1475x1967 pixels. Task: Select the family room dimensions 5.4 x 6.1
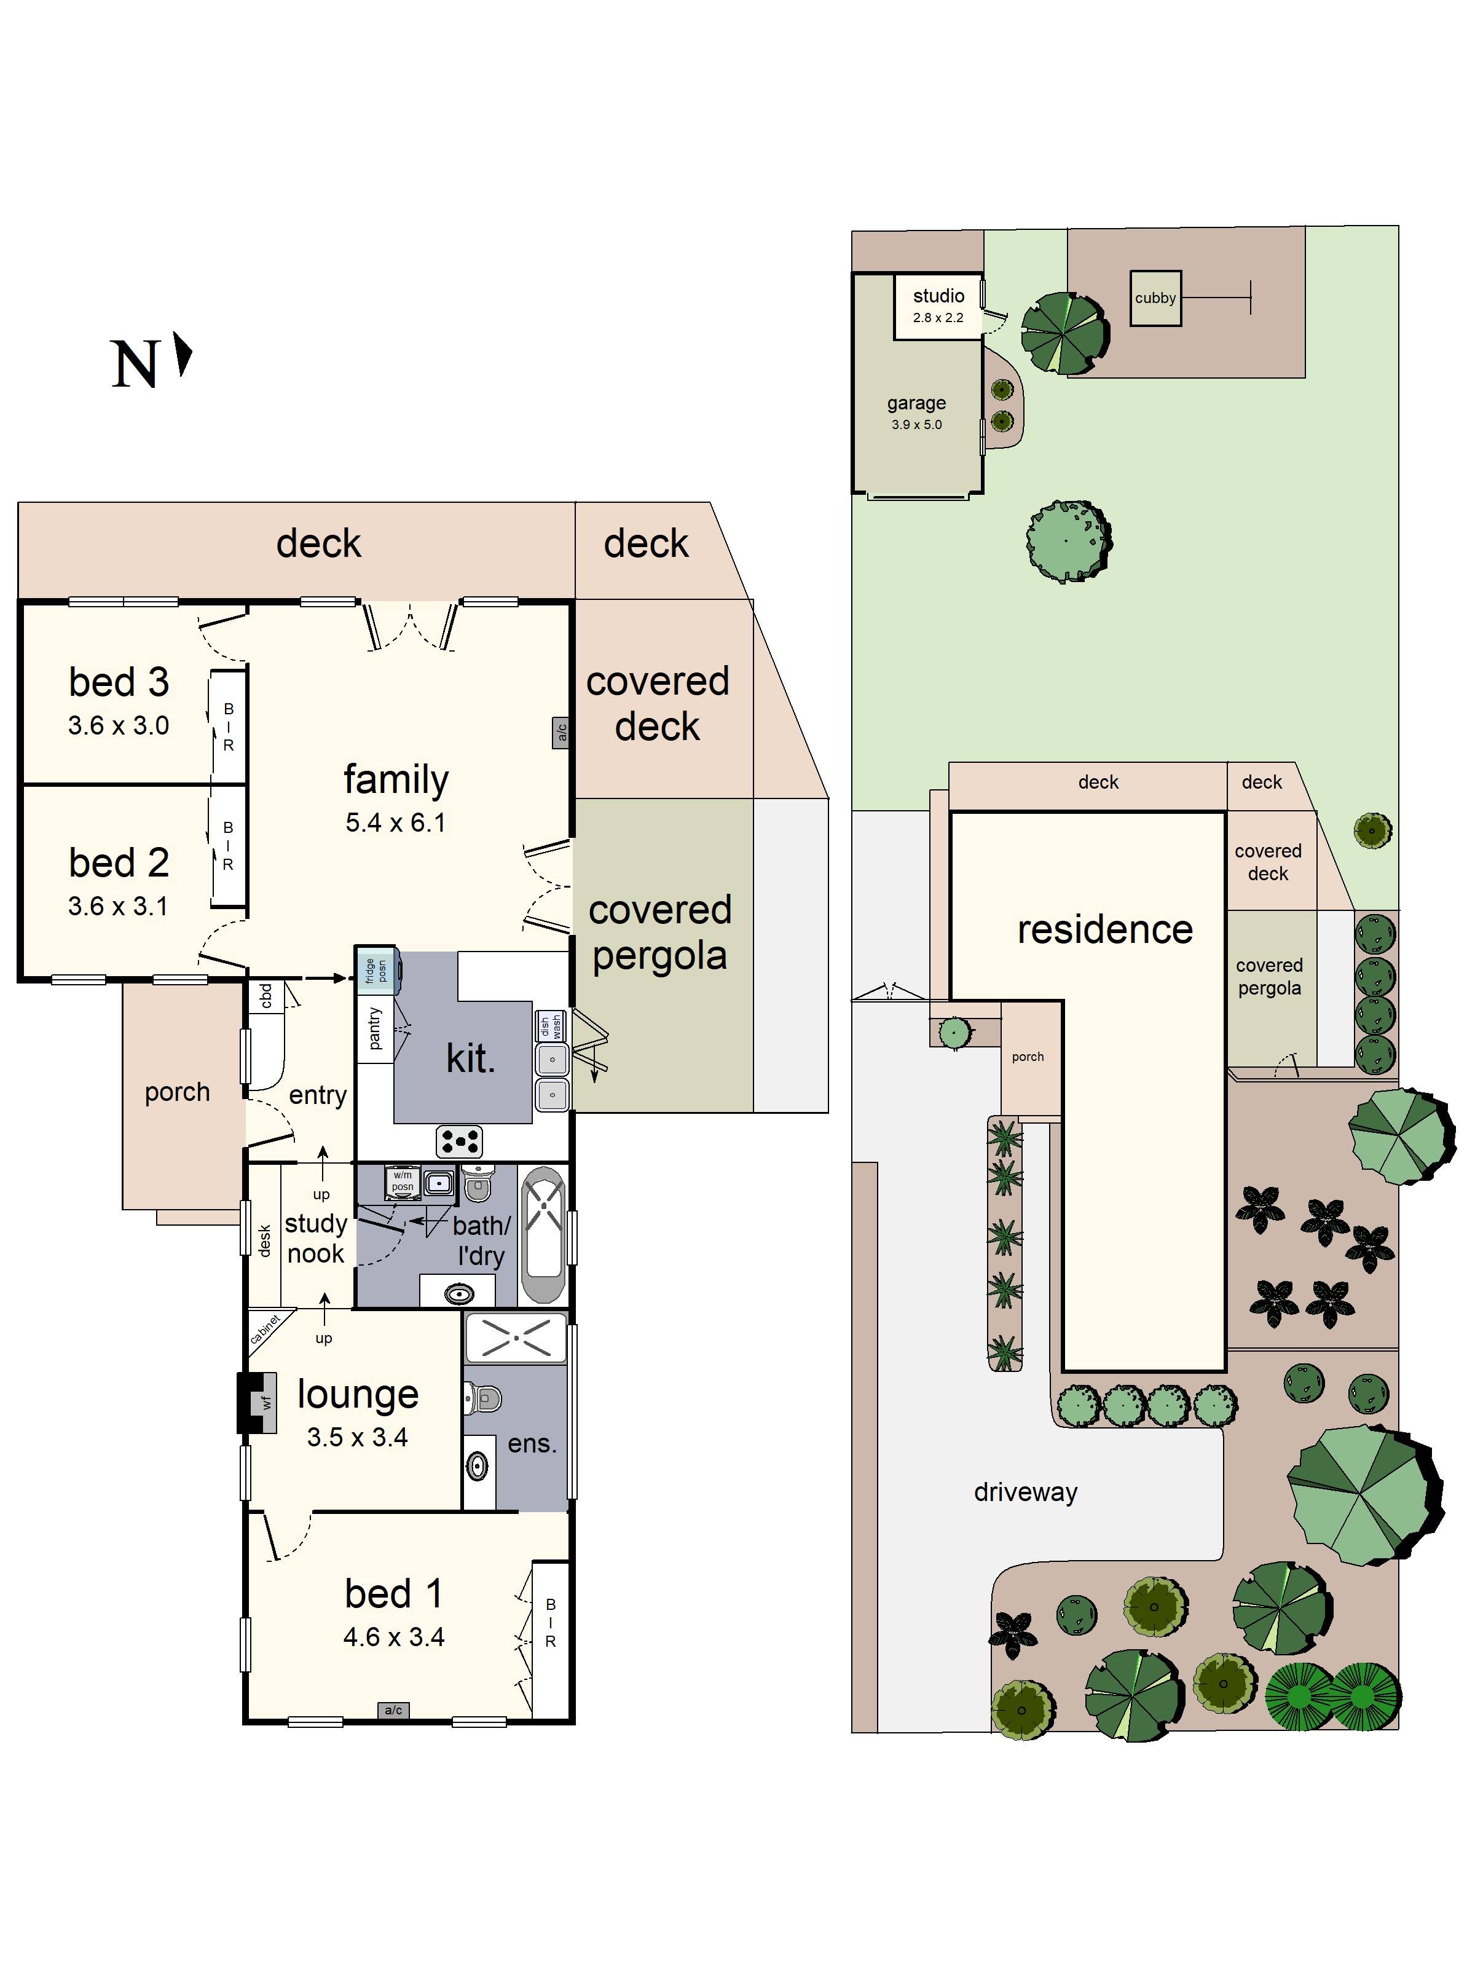click(396, 822)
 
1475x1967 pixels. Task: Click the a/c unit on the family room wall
click(561, 733)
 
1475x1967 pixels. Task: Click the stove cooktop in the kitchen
click(460, 1141)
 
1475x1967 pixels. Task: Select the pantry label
click(374, 1028)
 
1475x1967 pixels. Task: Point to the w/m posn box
click(403, 1181)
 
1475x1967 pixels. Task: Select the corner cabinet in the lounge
click(265, 1328)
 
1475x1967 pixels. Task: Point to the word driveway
click(1025, 1491)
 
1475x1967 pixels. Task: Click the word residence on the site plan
click(1105, 929)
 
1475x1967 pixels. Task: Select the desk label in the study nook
click(264, 1240)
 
